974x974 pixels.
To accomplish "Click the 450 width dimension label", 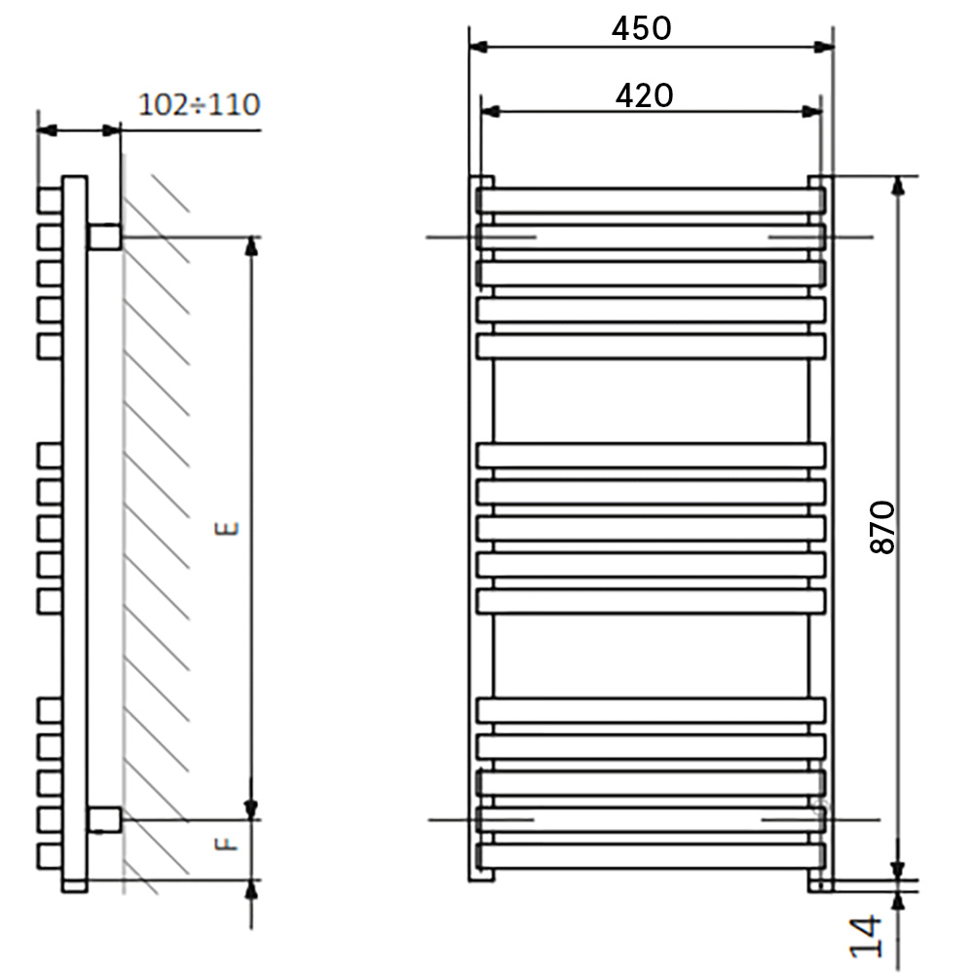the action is [x=641, y=28].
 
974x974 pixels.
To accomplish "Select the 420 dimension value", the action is [x=644, y=96].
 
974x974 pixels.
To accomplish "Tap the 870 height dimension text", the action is [x=882, y=527].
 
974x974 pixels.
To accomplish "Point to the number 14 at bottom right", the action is [x=866, y=935].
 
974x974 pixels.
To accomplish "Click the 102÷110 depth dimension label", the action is [x=199, y=105].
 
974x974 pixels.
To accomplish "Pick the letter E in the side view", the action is [x=227, y=529].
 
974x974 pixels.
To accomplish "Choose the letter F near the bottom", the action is [x=227, y=843].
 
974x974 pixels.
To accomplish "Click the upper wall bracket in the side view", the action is [x=104, y=238].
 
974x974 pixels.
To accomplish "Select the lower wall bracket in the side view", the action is [x=104, y=820].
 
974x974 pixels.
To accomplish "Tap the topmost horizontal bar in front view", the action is [x=651, y=201].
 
